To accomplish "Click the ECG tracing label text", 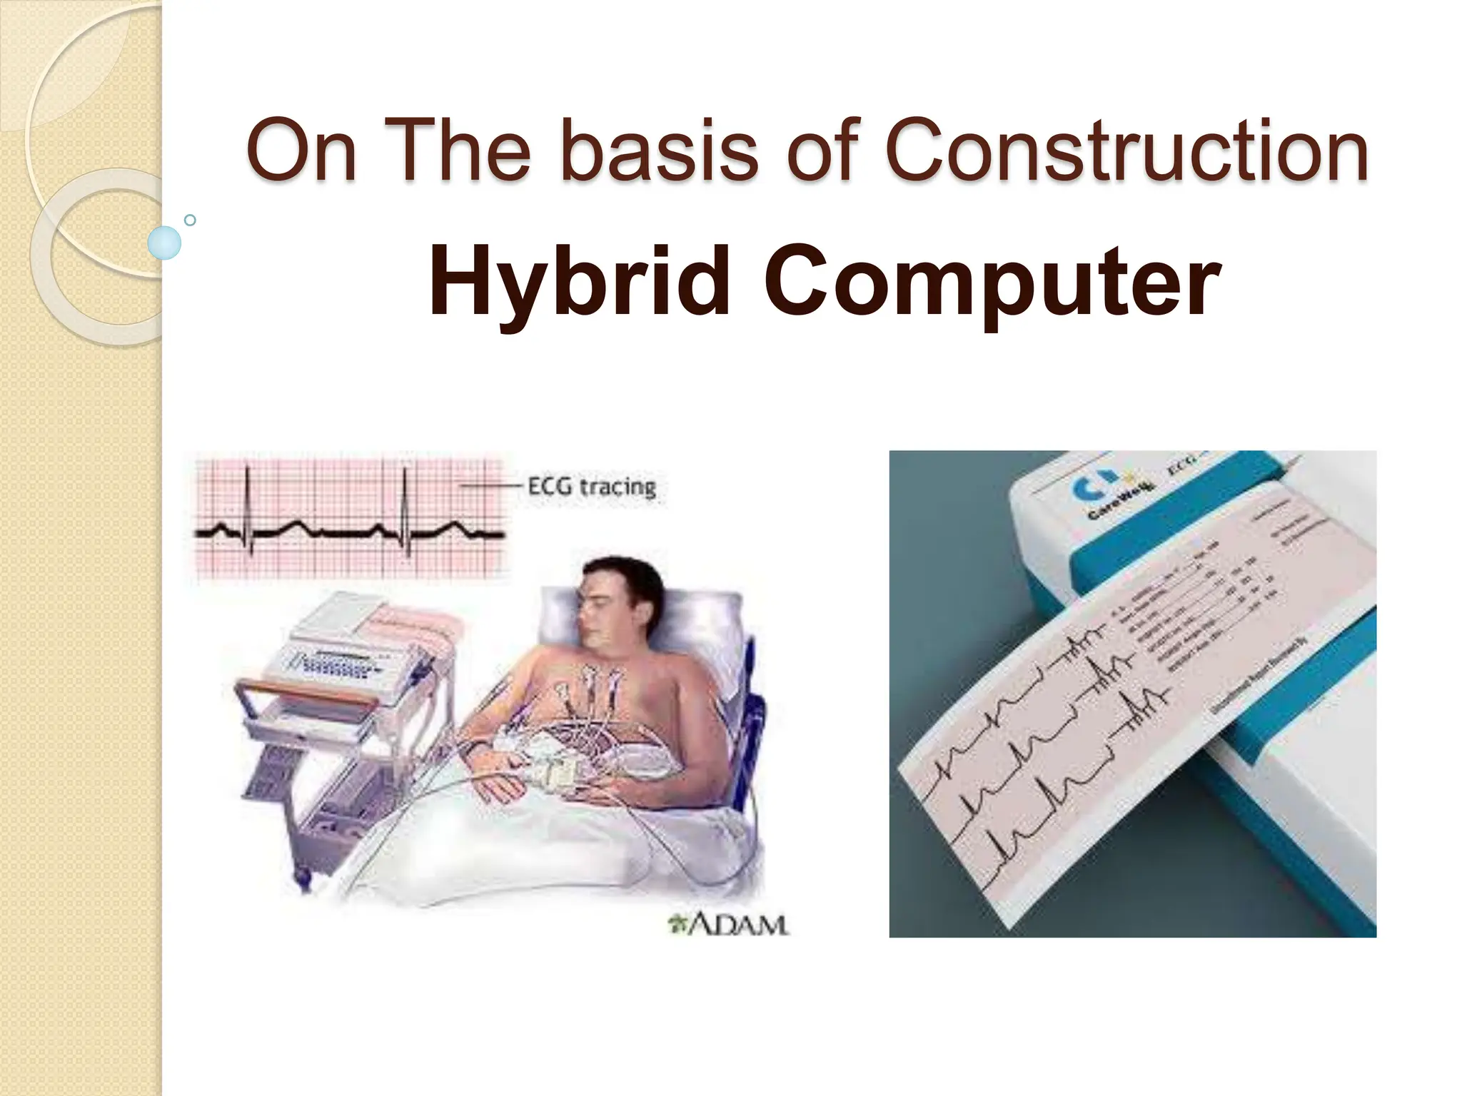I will pos(591,487).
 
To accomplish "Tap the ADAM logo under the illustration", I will pos(728,925).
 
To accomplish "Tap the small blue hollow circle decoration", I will pos(190,220).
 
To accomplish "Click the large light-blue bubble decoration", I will pos(164,243).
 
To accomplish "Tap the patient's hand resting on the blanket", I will pos(500,785).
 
